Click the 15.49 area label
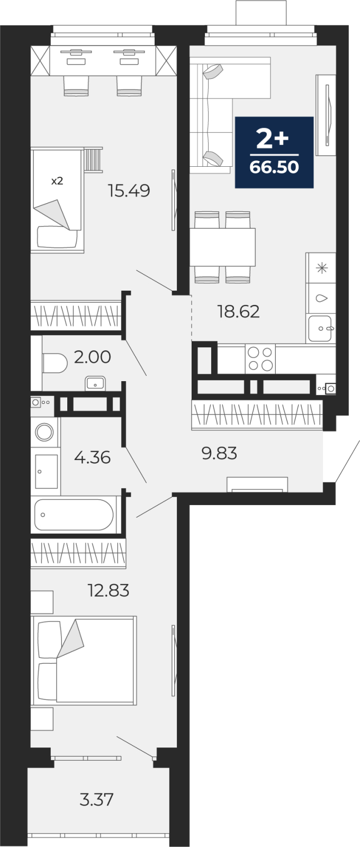[129, 190]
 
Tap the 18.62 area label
[238, 311]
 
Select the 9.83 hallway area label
[219, 453]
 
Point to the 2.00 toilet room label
[92, 357]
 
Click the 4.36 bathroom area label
[92, 457]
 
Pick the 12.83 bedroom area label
[109, 590]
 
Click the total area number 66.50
[274, 167]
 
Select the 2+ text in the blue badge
[272, 138]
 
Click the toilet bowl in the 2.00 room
[55, 363]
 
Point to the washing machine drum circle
[44, 431]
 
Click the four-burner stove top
[260, 359]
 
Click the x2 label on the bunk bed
[57, 181]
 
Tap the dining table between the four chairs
[222, 247]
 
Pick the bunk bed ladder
[93, 160]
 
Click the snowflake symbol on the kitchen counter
[322, 268]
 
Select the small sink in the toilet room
[95, 383]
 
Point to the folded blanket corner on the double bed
[71, 640]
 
